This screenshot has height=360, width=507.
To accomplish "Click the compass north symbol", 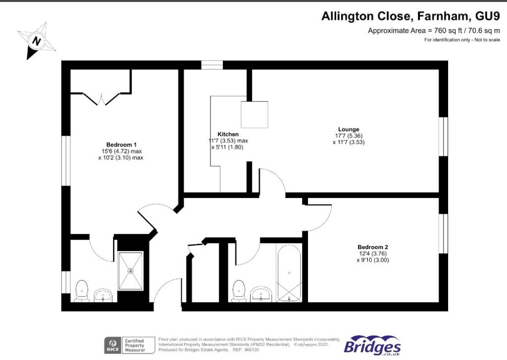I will (36, 40).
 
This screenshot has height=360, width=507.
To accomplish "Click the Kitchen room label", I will (228, 134).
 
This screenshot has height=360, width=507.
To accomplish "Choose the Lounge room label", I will (349, 129).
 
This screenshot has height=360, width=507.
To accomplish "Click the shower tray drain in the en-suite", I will (131, 270).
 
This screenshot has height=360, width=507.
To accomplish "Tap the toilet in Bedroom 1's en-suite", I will (81, 290).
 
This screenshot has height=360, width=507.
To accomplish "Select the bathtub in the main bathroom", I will (289, 274).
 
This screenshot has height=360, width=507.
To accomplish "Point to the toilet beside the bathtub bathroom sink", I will (239, 290).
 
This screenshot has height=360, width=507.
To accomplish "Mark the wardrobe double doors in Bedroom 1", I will (101, 99).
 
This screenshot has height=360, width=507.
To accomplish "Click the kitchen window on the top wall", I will (212, 65).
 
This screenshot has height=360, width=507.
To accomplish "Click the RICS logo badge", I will (111, 344).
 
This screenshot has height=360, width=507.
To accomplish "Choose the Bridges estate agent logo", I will (372, 345).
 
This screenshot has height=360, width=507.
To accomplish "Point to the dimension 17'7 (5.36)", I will (349, 136).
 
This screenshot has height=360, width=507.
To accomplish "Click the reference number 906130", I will (251, 350).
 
